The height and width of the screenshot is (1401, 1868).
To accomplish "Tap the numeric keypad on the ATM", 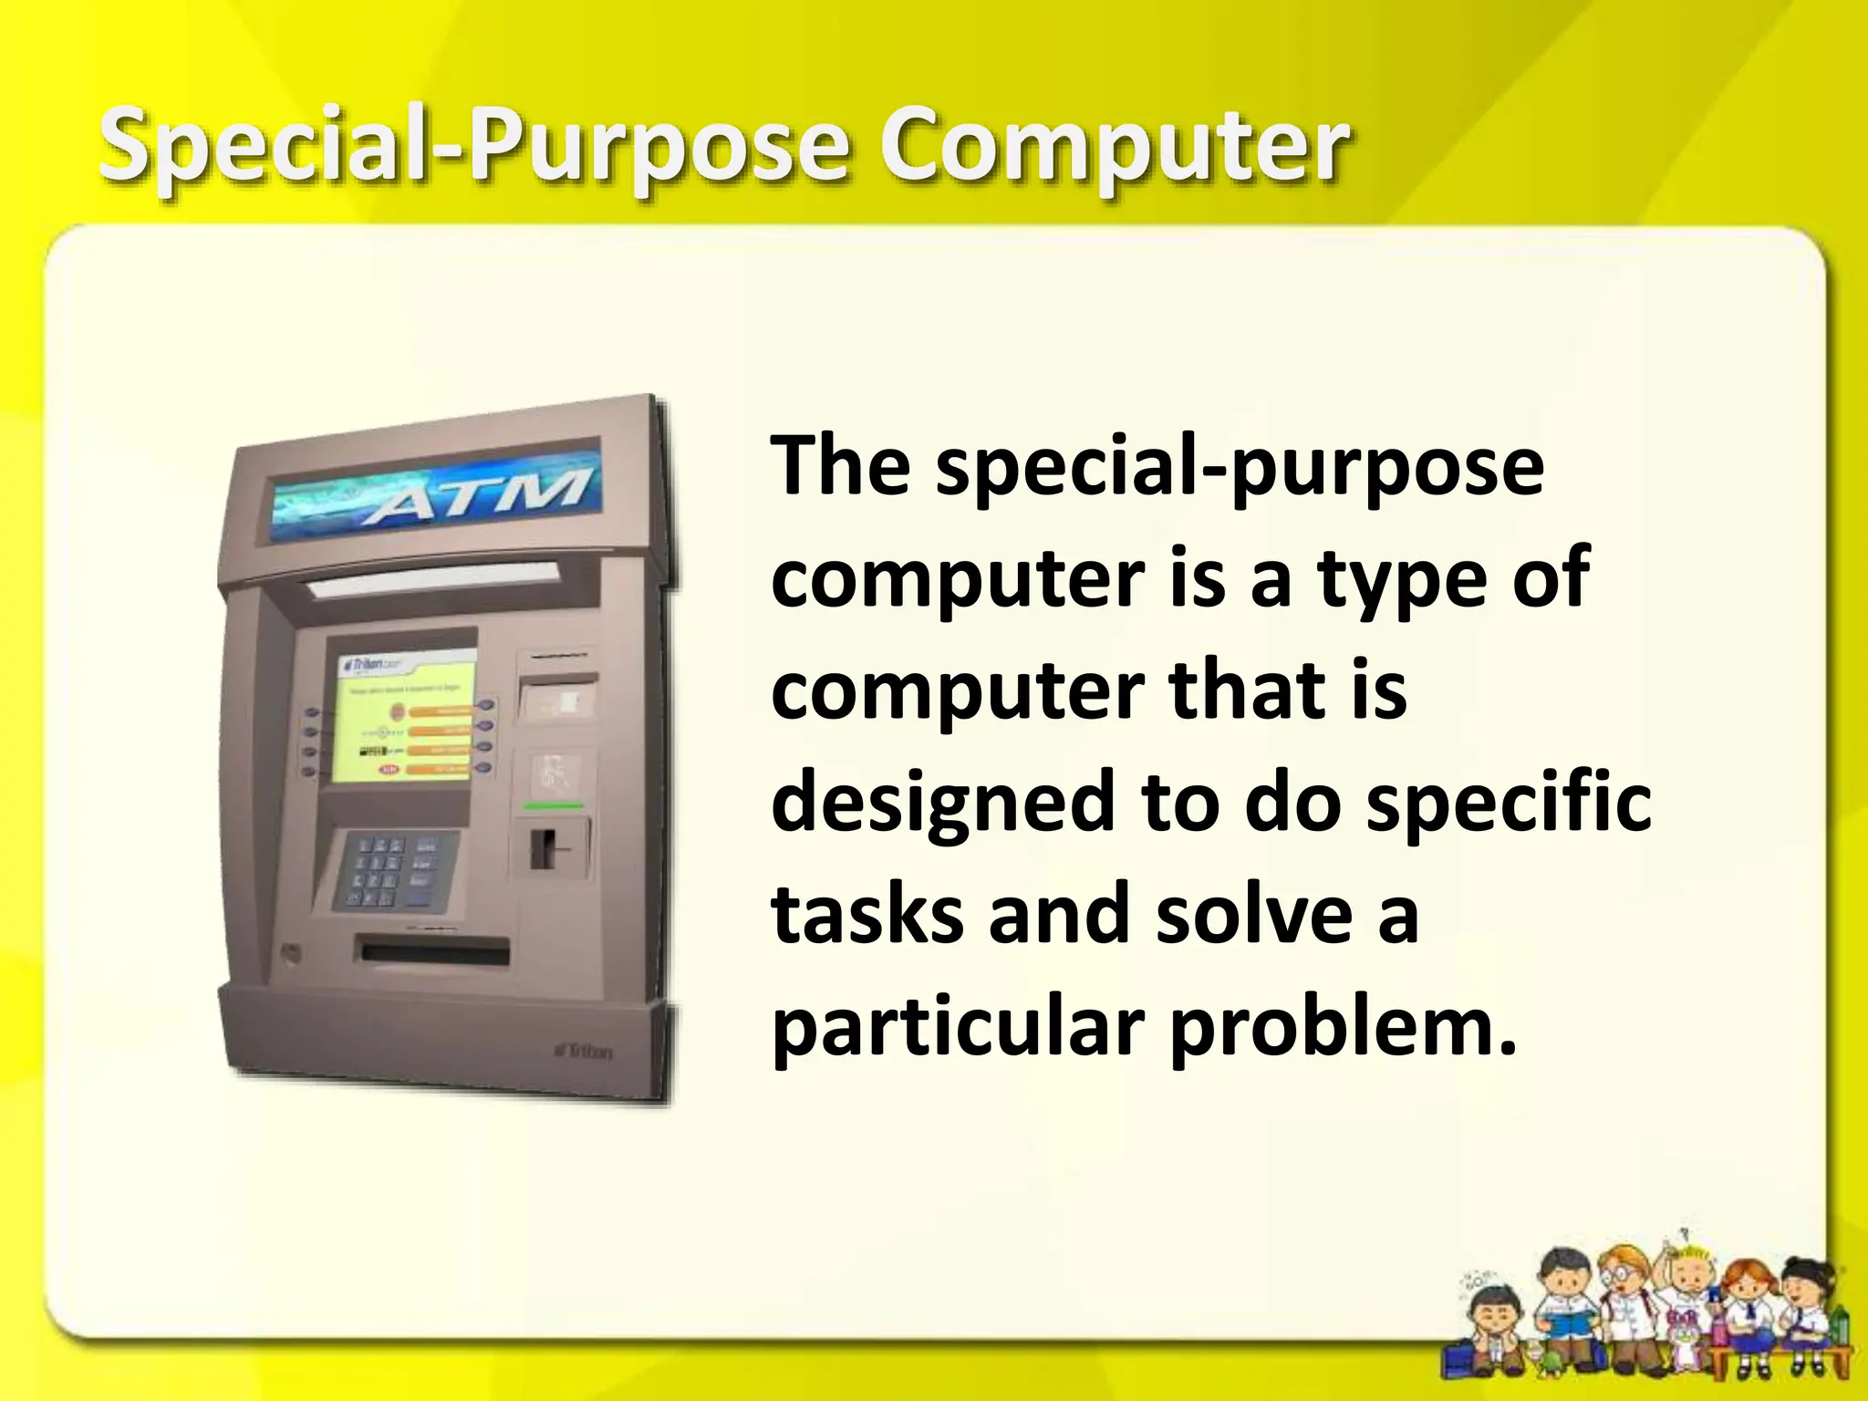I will click(x=392, y=871).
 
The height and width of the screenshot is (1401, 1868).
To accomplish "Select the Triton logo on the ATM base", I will click(x=585, y=1051).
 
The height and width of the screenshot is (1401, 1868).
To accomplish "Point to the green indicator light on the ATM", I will click(x=554, y=806).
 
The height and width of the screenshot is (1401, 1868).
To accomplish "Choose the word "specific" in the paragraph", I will click(x=1509, y=803).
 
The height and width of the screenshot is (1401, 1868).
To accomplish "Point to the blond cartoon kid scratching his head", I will click(x=1685, y=1295).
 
